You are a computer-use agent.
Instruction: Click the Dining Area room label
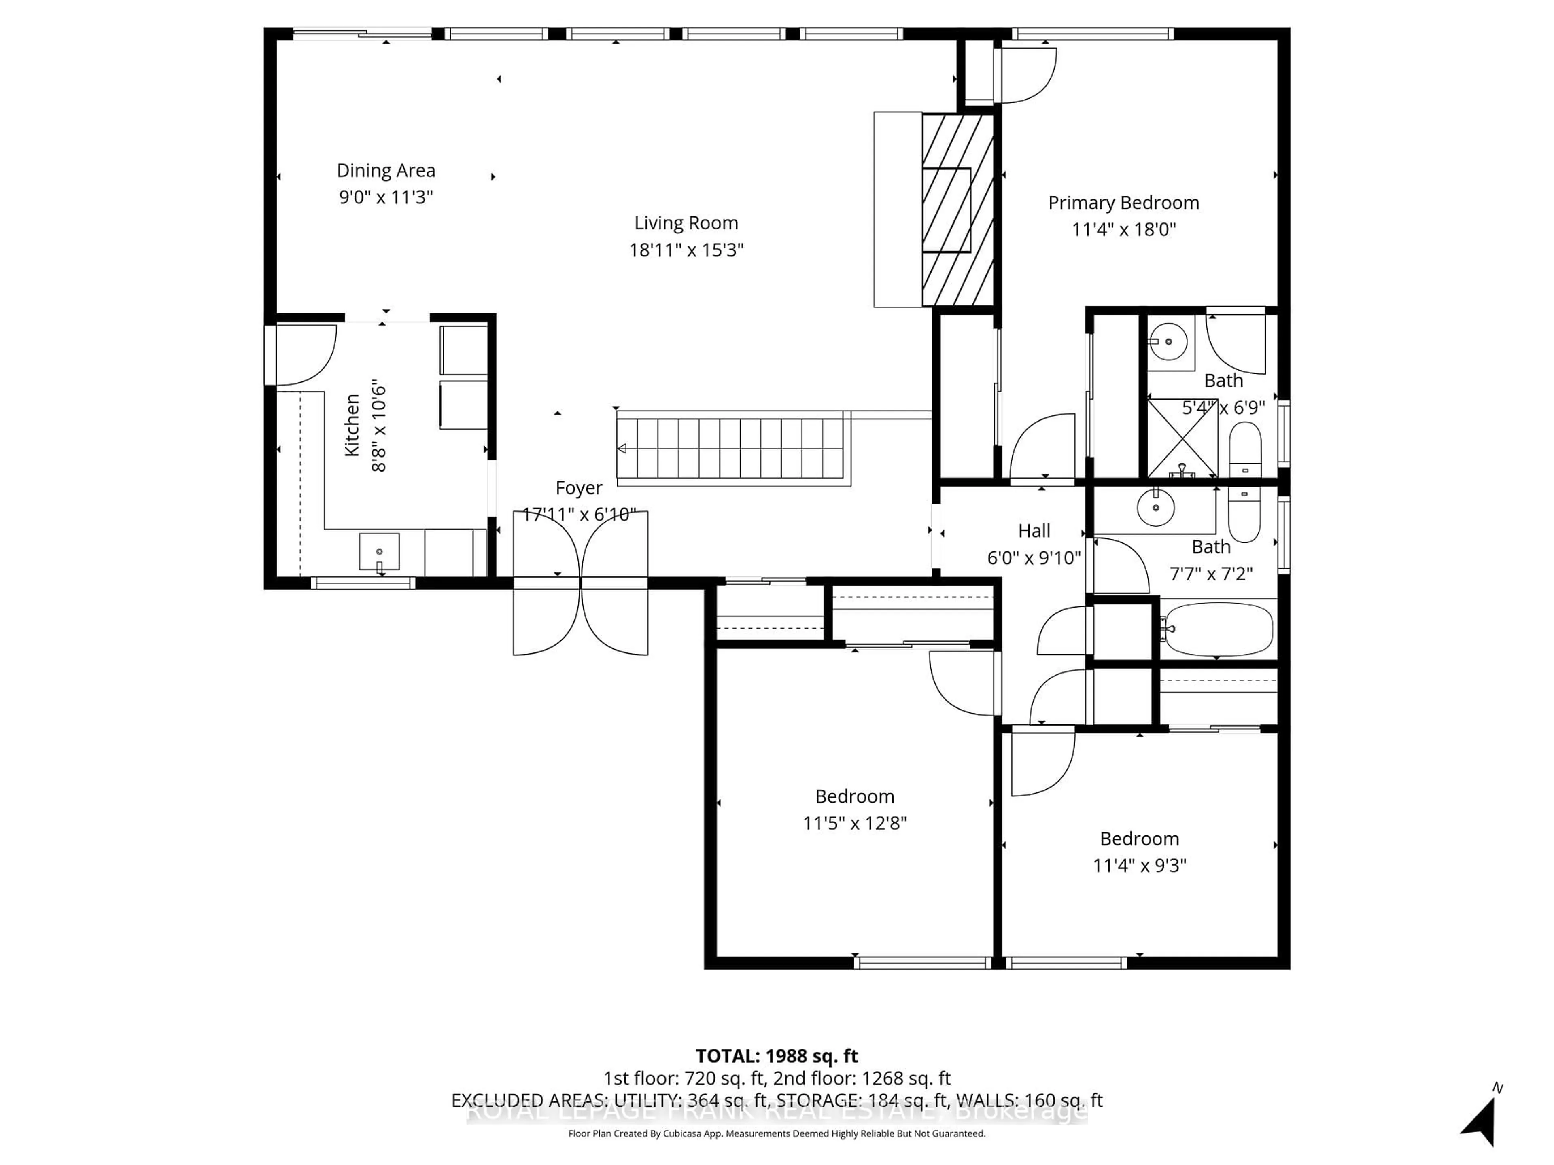tap(386, 171)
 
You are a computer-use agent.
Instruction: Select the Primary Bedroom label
tap(1123, 203)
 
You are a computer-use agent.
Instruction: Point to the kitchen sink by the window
tap(379, 552)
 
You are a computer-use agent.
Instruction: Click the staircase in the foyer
tap(730, 448)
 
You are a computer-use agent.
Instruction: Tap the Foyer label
tap(579, 488)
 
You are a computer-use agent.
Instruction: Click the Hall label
tap(1034, 531)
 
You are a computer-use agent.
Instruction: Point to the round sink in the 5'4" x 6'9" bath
tap(1168, 342)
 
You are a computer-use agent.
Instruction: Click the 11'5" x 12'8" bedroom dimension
tap(854, 823)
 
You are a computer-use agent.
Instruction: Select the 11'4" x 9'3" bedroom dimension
tap(1139, 865)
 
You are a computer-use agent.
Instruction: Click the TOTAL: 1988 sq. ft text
tap(776, 1056)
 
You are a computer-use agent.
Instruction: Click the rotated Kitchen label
tap(352, 426)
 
